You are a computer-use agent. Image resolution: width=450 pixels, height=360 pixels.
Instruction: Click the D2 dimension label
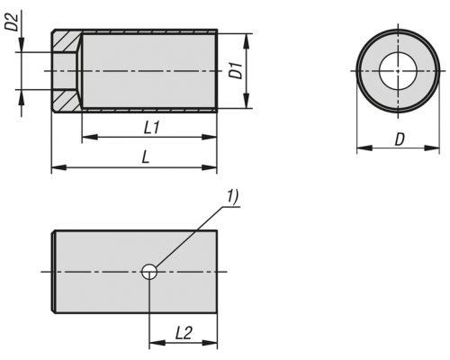pos(12,22)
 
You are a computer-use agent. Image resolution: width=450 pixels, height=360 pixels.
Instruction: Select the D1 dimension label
pos(236,70)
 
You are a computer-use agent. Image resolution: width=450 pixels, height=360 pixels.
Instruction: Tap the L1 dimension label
pos(151,129)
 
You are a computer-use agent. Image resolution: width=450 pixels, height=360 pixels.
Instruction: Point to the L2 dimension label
pos(184,333)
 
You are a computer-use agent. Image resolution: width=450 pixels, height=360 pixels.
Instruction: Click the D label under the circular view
pos(400,139)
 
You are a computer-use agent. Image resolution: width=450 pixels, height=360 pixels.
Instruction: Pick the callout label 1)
pos(232,197)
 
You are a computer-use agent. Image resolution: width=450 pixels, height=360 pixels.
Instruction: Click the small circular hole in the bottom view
pos(149,272)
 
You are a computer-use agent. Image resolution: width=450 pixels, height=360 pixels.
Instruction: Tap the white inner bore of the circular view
pos(398,71)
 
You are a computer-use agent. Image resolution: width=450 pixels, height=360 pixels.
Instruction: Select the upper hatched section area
pos(67,41)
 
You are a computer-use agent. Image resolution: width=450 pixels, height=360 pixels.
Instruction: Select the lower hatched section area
pos(67,101)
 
